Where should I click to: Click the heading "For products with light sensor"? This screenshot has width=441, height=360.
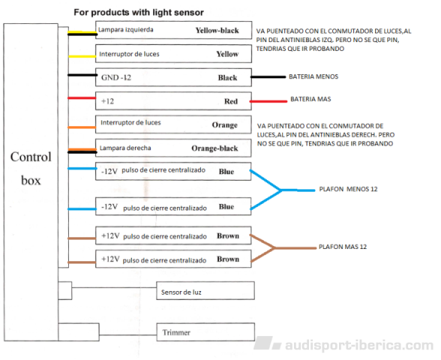(x=139, y=12)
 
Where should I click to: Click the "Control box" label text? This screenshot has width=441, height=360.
(x=31, y=169)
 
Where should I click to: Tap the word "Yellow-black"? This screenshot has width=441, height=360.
(x=217, y=30)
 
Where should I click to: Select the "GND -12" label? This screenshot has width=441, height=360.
(x=116, y=77)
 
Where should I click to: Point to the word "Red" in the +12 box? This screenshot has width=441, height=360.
(x=231, y=101)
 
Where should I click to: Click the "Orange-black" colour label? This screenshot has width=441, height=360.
(x=214, y=148)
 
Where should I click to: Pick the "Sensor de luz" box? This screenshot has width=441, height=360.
(x=205, y=290)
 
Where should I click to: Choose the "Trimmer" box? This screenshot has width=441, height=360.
(x=205, y=331)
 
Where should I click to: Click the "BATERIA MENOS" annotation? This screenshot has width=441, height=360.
(x=313, y=76)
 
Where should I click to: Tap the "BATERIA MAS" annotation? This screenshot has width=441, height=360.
(x=310, y=99)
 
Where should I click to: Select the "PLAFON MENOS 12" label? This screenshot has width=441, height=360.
(x=348, y=189)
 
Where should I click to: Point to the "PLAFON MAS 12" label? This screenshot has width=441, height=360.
(x=343, y=247)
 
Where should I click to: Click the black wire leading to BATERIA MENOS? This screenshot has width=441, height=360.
(x=268, y=76)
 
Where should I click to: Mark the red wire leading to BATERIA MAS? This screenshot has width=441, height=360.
(x=268, y=101)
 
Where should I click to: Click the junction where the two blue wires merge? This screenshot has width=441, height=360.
(x=280, y=190)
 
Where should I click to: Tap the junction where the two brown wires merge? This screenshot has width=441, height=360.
(x=274, y=247)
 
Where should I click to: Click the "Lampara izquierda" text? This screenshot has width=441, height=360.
(x=126, y=29)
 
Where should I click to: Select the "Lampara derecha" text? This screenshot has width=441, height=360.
(x=125, y=148)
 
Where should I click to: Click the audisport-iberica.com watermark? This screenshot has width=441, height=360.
(x=343, y=344)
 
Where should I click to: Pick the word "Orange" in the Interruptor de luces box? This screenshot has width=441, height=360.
(x=225, y=124)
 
